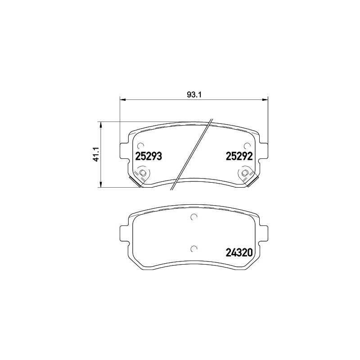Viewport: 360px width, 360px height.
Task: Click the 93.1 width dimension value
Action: click(194, 94)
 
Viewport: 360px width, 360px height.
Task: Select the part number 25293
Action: click(149, 156)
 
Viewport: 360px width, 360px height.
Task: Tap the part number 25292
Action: click(239, 156)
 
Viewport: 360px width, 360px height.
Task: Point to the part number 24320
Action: click(239, 252)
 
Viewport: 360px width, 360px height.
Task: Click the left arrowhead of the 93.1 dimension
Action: click(123, 99)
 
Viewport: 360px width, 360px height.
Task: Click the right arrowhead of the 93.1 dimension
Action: click(265, 99)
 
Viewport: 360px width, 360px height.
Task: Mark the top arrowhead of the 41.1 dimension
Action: click(100, 125)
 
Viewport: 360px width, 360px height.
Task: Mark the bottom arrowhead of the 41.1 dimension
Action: click(100, 184)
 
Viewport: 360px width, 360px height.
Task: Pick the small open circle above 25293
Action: click(140, 146)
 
